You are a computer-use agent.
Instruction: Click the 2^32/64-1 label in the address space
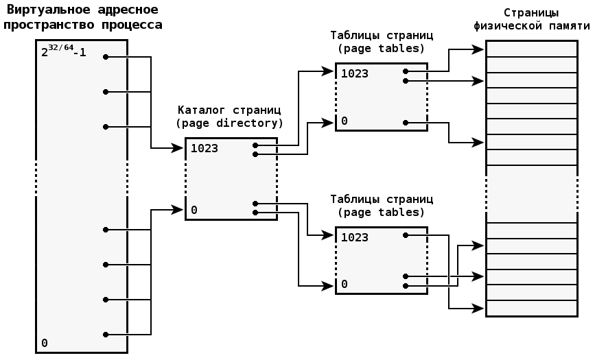point(63,51)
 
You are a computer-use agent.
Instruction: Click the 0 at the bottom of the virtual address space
point(45,343)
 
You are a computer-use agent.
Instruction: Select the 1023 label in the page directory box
point(205,148)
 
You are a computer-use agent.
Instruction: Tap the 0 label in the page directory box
point(194,210)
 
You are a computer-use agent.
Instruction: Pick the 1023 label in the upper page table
point(354,73)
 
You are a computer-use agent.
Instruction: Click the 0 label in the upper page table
point(345,121)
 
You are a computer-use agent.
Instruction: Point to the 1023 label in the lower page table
point(354,237)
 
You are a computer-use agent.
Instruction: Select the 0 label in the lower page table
point(345,284)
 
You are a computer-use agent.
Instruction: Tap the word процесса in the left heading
point(132,25)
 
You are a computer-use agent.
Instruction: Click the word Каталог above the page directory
point(200,110)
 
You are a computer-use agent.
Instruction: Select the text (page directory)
point(229,123)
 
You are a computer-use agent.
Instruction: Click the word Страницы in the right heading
point(530,12)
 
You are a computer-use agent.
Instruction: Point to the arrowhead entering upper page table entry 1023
point(330,71)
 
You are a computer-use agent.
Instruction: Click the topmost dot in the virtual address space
point(105,57)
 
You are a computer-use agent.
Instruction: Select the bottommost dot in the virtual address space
point(105,335)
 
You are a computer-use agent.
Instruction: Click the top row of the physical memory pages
point(531,49)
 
